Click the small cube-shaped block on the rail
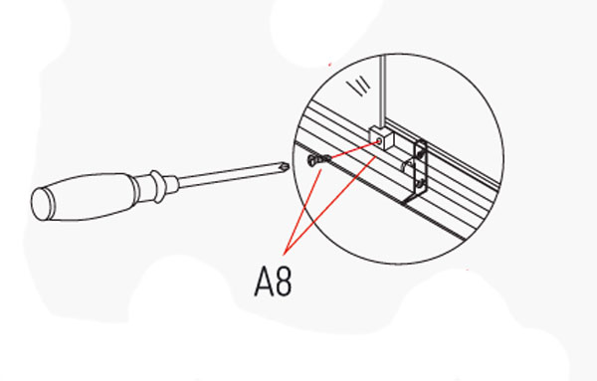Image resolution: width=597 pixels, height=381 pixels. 378,140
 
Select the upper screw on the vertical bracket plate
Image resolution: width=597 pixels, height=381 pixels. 422,152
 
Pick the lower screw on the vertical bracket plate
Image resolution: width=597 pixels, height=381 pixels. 421,185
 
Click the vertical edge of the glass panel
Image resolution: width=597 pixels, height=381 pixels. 383,80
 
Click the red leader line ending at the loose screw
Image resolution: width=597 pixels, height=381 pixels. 304,204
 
